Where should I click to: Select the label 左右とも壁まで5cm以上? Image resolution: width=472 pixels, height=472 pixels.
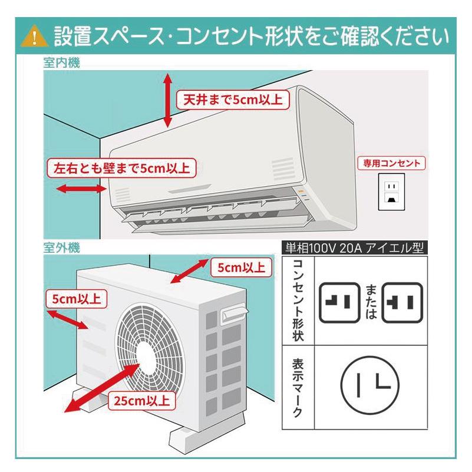click(x=121, y=168)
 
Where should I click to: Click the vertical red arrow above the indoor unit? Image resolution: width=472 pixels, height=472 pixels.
click(x=168, y=100)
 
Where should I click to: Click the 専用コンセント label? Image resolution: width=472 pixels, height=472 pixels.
click(x=392, y=163)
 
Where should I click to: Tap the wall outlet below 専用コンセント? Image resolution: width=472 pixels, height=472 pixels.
click(x=390, y=192)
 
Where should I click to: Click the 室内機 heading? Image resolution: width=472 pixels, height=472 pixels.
click(x=61, y=63)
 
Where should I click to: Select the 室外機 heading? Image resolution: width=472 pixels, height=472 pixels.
click(x=61, y=247)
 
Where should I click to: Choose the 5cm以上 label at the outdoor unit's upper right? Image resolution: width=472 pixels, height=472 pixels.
click(x=241, y=267)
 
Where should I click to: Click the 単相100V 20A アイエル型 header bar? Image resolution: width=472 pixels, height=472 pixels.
click(x=354, y=248)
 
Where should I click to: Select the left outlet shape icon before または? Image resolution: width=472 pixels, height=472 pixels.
click(x=339, y=302)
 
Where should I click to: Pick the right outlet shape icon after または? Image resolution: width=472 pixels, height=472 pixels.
click(x=402, y=302)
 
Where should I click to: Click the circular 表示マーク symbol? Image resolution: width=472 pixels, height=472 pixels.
click(x=371, y=385)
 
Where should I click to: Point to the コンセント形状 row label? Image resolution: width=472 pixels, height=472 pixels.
click(x=298, y=301)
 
